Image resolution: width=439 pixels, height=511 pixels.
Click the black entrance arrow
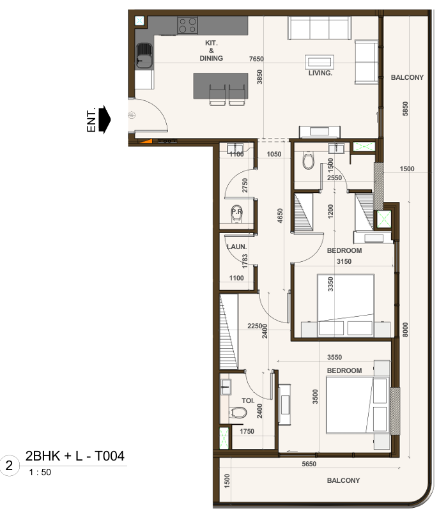click(x=104, y=119)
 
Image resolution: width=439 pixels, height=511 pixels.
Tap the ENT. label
click(x=91, y=119)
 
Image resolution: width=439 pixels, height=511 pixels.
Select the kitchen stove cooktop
click(x=187, y=26)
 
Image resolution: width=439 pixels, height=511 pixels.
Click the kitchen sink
click(x=144, y=56)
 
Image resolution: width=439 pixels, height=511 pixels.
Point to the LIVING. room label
click(x=320, y=73)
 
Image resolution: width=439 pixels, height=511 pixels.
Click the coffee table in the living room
click(x=320, y=61)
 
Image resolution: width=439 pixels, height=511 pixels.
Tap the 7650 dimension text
click(x=256, y=59)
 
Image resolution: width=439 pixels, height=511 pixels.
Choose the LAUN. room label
click(x=236, y=247)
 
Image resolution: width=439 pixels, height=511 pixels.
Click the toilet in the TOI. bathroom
click(x=238, y=413)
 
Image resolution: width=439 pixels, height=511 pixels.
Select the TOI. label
click(x=248, y=400)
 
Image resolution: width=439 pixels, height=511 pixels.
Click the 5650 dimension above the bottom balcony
click(x=309, y=464)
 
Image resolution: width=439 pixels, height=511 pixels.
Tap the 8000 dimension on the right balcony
click(x=405, y=330)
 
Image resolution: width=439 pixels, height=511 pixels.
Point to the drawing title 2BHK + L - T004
click(x=75, y=456)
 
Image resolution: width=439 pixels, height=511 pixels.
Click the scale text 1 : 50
click(x=40, y=472)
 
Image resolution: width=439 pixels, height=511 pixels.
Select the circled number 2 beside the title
click(x=9, y=466)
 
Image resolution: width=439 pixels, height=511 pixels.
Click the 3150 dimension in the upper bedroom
click(x=344, y=261)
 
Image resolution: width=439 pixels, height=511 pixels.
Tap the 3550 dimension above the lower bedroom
click(x=334, y=357)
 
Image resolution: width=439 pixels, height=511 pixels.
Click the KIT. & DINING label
click(x=211, y=50)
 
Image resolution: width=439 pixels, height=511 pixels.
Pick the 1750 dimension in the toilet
click(x=247, y=431)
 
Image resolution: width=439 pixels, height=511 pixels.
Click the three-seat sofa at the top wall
click(x=320, y=28)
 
